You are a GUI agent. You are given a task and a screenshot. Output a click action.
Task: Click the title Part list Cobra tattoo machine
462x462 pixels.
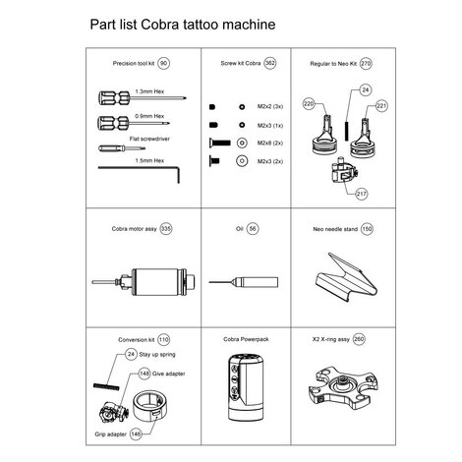(x=182, y=21)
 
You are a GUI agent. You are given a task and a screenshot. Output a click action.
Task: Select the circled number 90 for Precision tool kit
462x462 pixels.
(x=164, y=63)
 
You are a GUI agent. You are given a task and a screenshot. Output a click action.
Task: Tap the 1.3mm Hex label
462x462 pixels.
(x=148, y=95)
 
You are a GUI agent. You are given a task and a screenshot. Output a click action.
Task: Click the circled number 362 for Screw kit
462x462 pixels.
(x=269, y=63)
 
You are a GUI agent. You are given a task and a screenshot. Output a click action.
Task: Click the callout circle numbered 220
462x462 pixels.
(x=308, y=102)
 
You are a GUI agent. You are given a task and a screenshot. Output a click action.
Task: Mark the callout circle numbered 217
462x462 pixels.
(x=361, y=193)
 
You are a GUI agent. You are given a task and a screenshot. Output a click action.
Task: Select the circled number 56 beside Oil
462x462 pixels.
(x=253, y=228)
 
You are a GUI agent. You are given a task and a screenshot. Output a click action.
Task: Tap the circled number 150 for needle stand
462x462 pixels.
(x=367, y=228)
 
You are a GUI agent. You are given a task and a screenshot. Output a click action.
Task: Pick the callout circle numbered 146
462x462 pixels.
(x=136, y=432)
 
